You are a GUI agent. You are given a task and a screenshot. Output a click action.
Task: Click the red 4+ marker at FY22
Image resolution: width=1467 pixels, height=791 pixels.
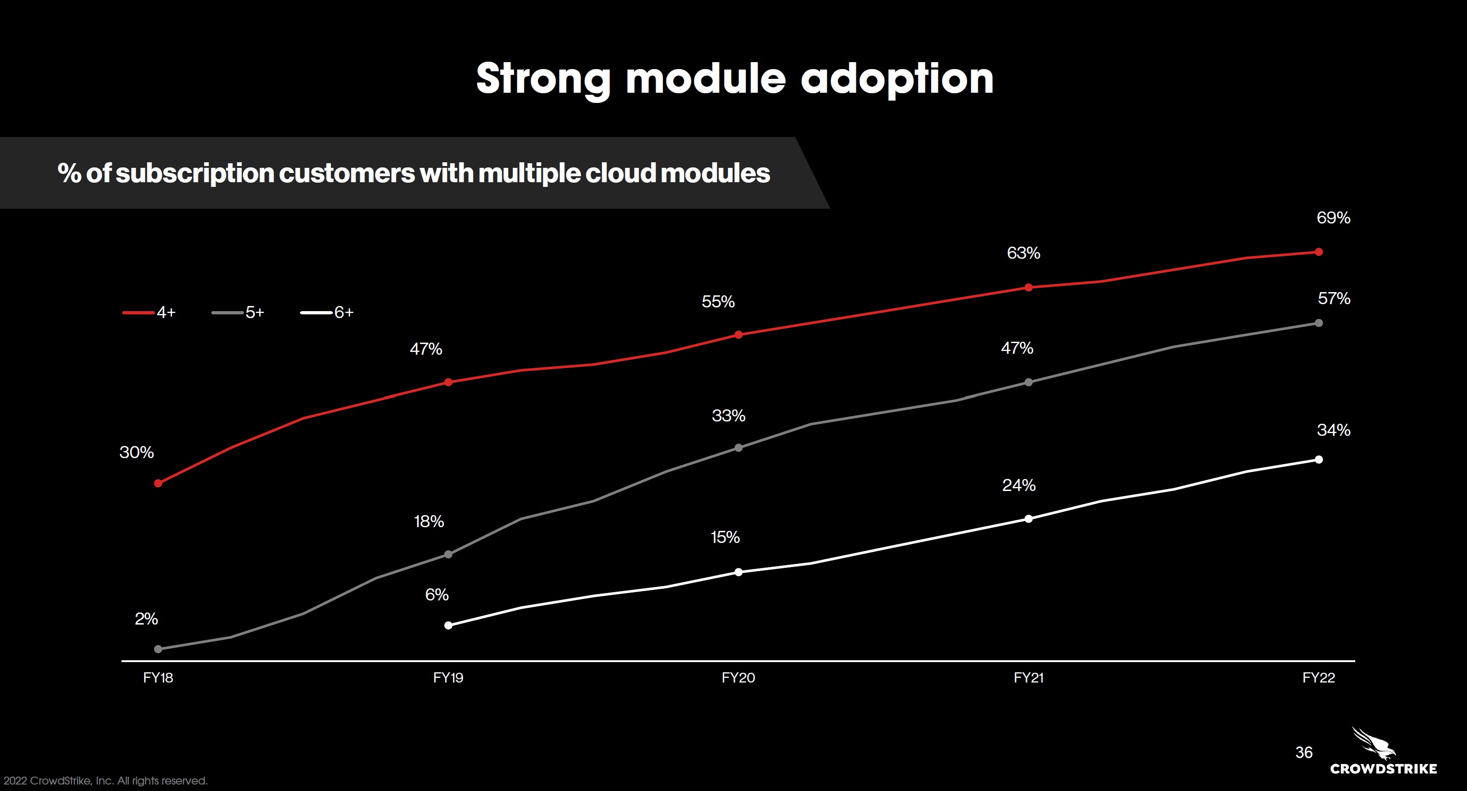(x=1318, y=252)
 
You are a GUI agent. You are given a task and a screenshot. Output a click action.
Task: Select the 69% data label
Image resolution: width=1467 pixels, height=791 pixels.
(x=1333, y=218)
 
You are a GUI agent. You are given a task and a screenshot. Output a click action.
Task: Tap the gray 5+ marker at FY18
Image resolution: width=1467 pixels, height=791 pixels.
(x=158, y=649)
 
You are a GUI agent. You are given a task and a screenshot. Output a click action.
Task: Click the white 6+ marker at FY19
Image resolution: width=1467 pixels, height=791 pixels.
(x=448, y=625)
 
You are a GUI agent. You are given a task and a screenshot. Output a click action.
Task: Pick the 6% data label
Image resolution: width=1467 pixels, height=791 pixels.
(x=437, y=595)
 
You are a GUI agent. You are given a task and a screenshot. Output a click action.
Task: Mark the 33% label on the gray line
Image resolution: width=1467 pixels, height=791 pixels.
(x=728, y=416)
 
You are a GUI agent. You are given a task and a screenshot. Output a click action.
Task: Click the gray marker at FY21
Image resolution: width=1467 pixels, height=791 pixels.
(x=1028, y=382)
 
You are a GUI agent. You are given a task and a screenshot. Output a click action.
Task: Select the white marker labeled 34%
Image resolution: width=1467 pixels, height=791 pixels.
(x=1318, y=459)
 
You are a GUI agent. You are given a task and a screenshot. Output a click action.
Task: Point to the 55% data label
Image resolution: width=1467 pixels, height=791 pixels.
(x=718, y=302)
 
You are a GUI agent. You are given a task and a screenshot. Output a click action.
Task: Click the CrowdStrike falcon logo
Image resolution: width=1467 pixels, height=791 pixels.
(x=1374, y=744)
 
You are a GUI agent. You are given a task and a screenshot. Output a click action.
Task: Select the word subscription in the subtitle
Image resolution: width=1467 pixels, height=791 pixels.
(x=195, y=173)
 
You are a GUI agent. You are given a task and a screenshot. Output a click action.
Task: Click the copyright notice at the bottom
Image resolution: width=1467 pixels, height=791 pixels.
(x=105, y=781)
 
